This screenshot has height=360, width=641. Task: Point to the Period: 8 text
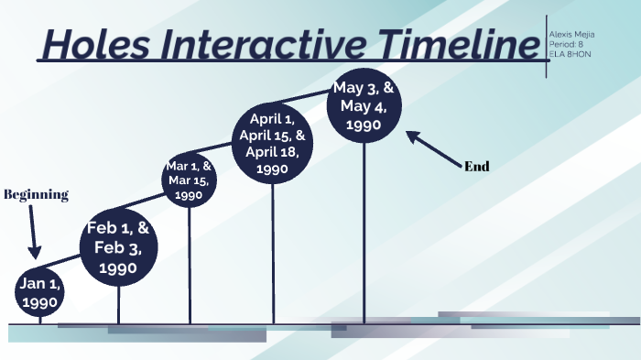[566, 43]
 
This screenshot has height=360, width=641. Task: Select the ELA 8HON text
[570, 53]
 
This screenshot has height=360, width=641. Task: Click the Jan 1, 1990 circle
[40, 293]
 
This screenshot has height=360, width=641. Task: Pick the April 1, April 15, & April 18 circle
[272, 144]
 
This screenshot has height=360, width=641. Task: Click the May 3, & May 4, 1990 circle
[364, 108]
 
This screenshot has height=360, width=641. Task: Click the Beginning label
[37, 194]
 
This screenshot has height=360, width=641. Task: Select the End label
[477, 167]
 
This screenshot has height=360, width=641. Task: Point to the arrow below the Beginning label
[34, 234]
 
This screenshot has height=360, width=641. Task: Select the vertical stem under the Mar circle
[190, 266]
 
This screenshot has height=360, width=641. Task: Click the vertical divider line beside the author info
[546, 46]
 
